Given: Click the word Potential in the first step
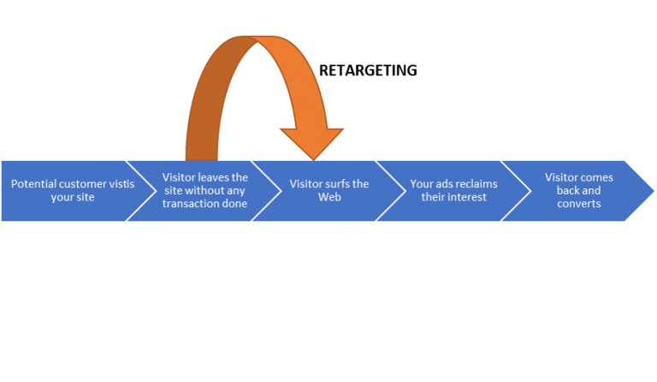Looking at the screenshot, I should click(33, 184).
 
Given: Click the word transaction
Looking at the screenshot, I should click(196, 204).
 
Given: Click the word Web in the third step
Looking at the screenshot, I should click(329, 197).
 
